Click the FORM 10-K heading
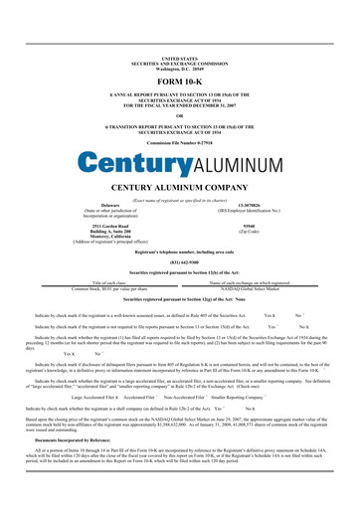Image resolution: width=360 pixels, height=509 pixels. coord(179,54)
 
